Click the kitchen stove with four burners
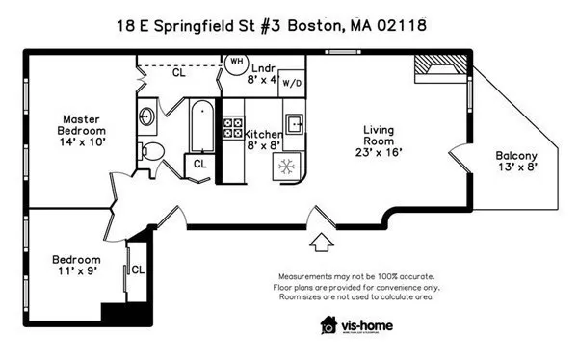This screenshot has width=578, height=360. point(232,131)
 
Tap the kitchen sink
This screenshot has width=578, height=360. point(294,123)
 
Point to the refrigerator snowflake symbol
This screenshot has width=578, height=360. point(286,166)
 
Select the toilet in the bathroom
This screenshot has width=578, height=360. point(149,151)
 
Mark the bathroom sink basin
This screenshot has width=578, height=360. point(146,116)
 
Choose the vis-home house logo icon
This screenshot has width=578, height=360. point(329,325)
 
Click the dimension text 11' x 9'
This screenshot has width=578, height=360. point(77,273)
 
